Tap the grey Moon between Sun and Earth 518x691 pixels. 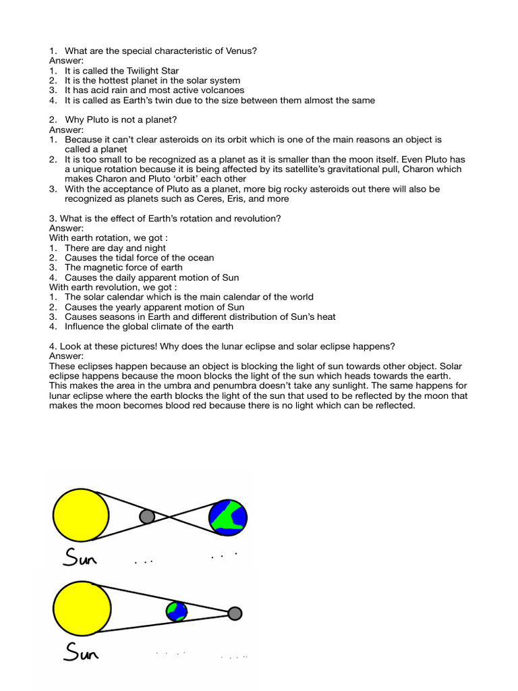146,517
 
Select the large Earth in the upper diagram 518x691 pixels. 228,517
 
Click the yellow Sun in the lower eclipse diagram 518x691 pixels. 80,611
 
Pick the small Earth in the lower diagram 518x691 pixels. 177,611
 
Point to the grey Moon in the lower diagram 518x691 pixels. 234,613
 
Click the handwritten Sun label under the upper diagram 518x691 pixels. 80,557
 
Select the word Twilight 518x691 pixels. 138,71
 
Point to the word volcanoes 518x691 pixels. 219,90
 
